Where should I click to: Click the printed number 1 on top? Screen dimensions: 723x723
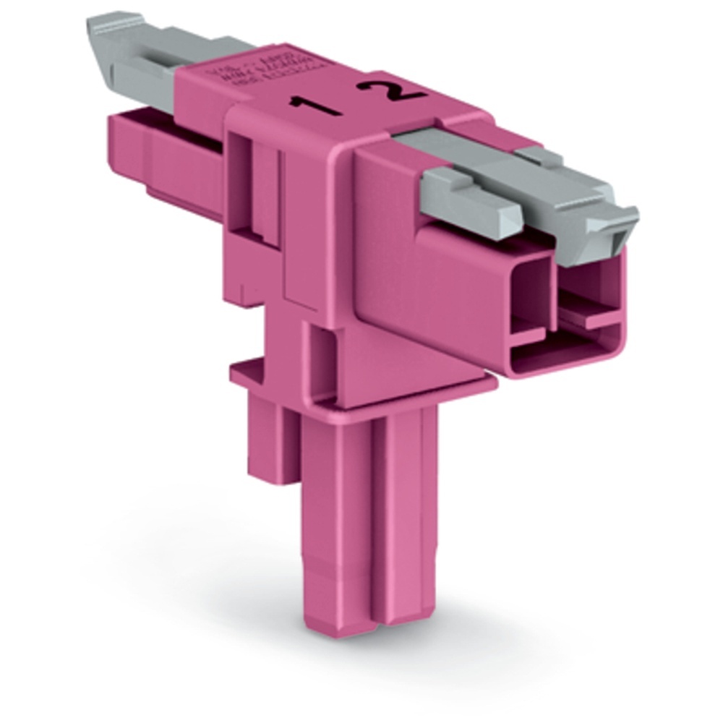(x=316, y=107)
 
